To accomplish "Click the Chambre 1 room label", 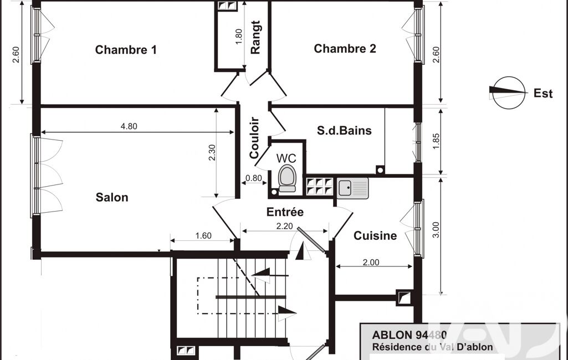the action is (x=126, y=50).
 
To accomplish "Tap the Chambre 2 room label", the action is (x=345, y=49).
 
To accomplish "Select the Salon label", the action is (x=112, y=197).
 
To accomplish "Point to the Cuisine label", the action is (x=375, y=236).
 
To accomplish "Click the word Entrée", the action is (x=285, y=212).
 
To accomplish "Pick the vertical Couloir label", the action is (x=255, y=137).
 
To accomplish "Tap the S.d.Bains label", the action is (x=345, y=130).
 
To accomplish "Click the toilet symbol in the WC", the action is (x=287, y=178).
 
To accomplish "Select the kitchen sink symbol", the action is (x=353, y=188).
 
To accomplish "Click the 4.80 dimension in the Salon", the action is (x=129, y=126).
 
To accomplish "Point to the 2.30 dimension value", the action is (x=212, y=152).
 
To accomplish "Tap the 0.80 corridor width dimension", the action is (x=254, y=178).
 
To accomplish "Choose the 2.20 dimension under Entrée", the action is (x=284, y=226).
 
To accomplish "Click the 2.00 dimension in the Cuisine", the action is (x=371, y=262).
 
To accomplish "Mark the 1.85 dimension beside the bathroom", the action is (x=436, y=141).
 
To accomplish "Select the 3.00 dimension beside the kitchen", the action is (x=436, y=230).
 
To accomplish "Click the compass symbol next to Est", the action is (x=509, y=92).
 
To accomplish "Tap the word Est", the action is (x=543, y=94).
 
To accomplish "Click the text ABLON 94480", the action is (x=410, y=335).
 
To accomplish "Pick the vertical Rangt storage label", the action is (x=255, y=37).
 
